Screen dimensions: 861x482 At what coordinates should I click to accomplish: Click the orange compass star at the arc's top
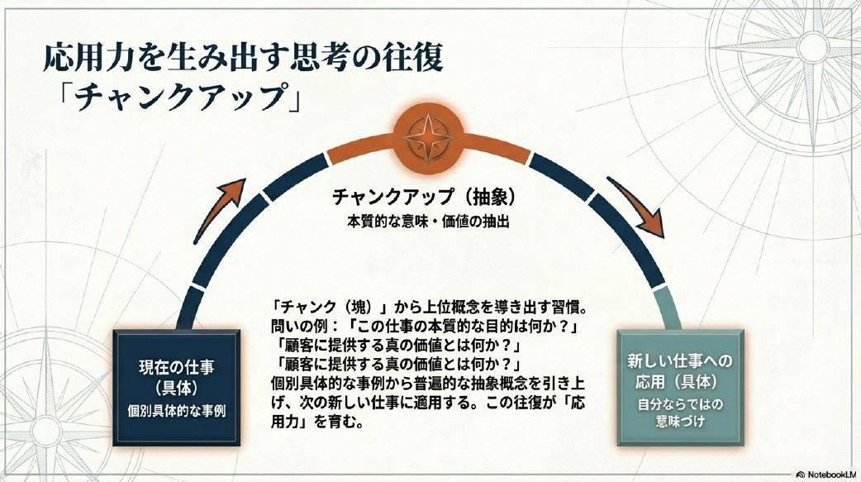[x=428, y=136]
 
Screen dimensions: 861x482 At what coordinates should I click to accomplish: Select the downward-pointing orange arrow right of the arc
[x=637, y=206]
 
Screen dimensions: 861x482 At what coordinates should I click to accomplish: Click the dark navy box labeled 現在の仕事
[x=176, y=388]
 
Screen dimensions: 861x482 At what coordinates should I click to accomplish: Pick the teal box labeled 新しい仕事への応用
[x=680, y=388]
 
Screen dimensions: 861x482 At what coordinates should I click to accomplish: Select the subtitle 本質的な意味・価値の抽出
[x=428, y=222]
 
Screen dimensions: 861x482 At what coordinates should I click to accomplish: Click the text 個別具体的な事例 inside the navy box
[x=176, y=411]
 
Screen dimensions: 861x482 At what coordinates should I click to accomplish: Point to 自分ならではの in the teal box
[x=680, y=404]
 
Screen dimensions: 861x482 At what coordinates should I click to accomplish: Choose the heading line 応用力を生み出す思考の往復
[x=243, y=57]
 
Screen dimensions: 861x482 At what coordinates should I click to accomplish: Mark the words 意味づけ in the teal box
[x=680, y=422]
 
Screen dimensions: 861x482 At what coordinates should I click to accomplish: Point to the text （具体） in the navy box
[x=176, y=389]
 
